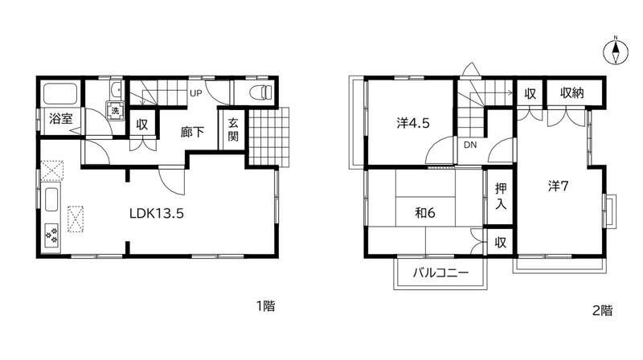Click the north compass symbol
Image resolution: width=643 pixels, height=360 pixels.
coord(616,52)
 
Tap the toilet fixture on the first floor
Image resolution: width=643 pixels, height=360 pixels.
coord(260,92)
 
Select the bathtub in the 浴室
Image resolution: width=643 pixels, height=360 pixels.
coord(61,94)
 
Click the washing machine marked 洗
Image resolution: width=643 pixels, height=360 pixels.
coord(115,110)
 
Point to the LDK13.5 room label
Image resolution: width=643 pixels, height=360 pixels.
coord(157,213)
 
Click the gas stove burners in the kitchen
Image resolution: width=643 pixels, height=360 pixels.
coord(51,235)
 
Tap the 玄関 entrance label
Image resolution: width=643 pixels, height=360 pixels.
coord(233,129)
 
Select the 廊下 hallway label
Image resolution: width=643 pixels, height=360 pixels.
coord(192,132)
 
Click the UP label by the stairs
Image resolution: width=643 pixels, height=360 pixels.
coord(196,93)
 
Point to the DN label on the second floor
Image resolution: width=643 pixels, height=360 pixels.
coord(470,145)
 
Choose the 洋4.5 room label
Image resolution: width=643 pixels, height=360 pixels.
coord(413,123)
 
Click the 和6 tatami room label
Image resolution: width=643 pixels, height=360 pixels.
coord(425,213)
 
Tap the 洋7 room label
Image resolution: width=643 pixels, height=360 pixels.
coord(558,186)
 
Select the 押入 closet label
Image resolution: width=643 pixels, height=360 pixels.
coord(501,196)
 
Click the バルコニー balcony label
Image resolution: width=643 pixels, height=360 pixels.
coord(440,272)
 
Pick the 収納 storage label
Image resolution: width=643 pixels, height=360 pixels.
coord(571,93)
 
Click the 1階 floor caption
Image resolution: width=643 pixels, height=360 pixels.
coord(265,306)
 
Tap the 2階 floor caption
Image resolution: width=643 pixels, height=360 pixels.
coord(602,310)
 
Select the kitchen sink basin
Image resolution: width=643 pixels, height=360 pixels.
coord(51,199)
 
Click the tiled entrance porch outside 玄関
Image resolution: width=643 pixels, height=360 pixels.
coord(268,137)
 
